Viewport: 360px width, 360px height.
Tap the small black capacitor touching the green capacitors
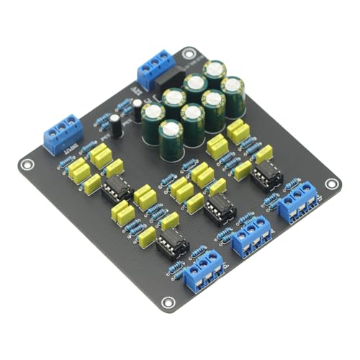tap(137, 109)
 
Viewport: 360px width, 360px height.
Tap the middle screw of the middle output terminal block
tap(252, 229)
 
